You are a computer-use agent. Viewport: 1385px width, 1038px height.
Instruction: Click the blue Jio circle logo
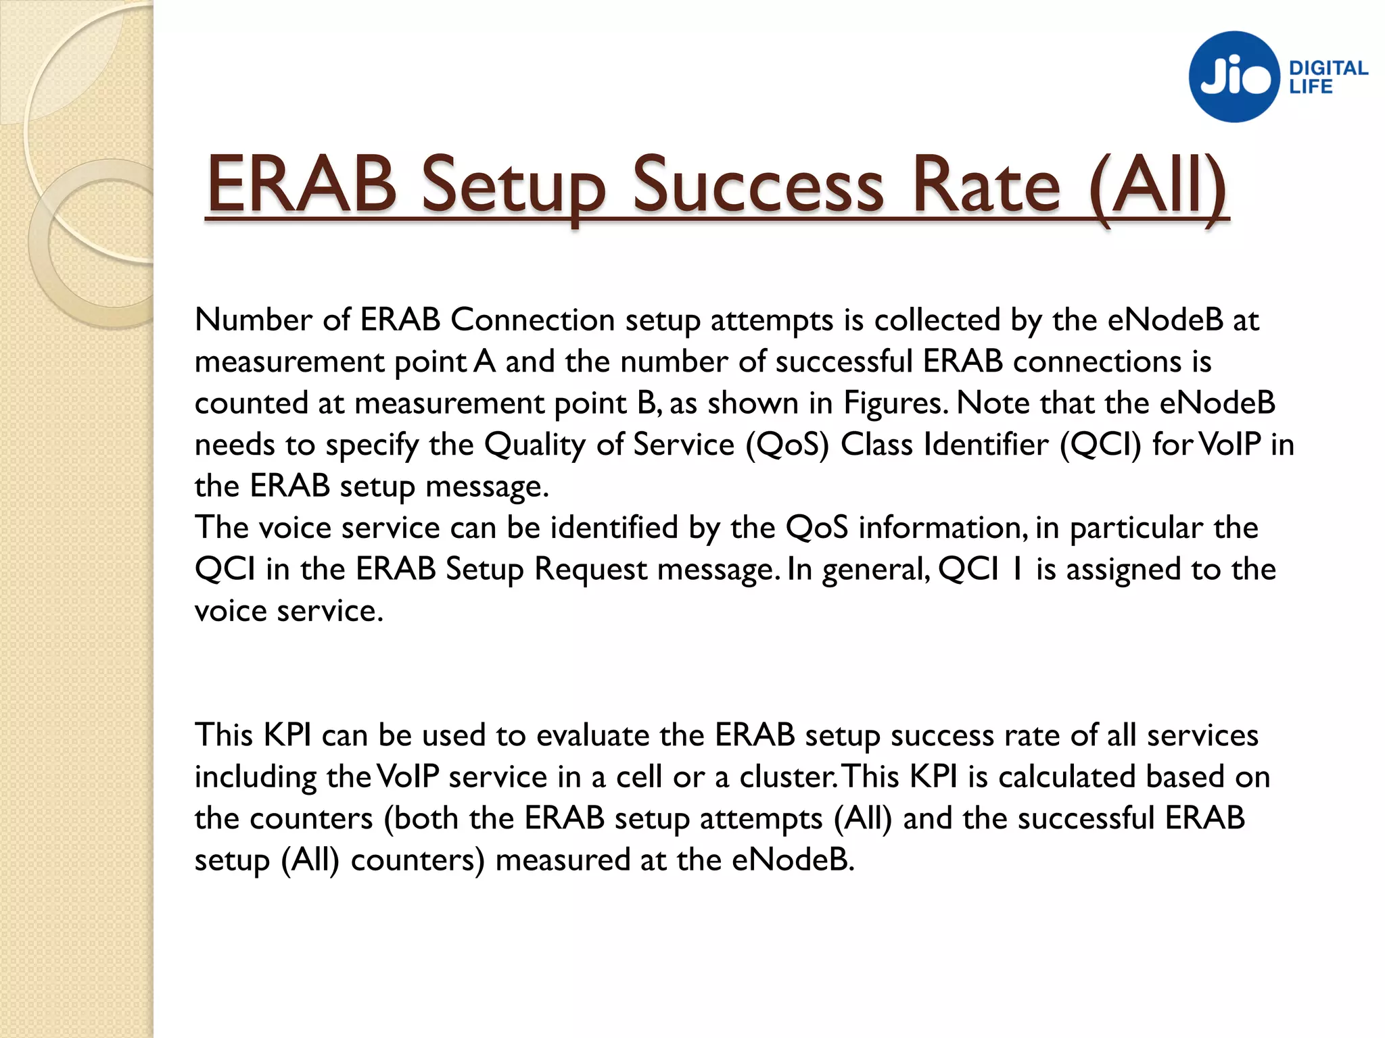(x=1234, y=76)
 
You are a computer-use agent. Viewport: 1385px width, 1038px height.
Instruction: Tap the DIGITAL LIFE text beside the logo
(x=1328, y=77)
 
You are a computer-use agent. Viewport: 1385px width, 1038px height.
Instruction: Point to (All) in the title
(x=1158, y=185)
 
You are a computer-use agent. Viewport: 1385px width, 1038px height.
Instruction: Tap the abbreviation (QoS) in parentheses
(x=787, y=445)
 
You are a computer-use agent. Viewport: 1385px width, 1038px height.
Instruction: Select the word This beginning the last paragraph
(x=224, y=735)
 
